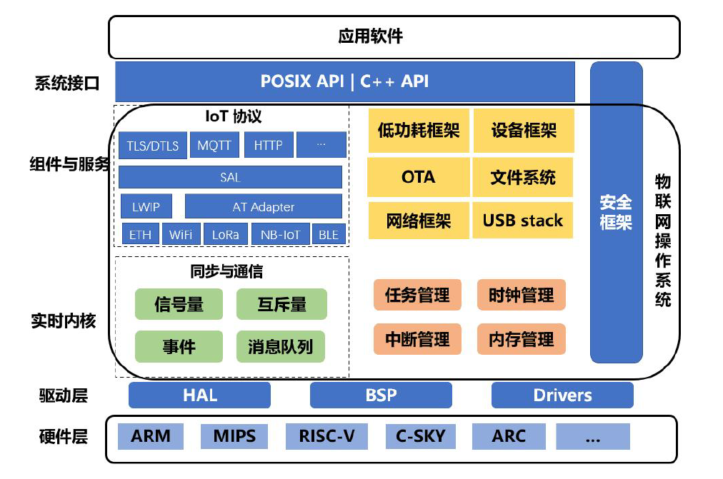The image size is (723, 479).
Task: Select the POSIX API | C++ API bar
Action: (x=345, y=81)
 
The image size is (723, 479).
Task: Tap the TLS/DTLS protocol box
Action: (x=153, y=146)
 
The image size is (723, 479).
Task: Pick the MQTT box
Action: (x=214, y=146)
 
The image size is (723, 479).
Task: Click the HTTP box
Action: (x=268, y=146)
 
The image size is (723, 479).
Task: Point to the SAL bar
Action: (x=230, y=177)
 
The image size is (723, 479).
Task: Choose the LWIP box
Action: (x=146, y=207)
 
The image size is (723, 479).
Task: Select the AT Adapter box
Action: (x=264, y=207)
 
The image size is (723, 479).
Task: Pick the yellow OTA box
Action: (x=418, y=177)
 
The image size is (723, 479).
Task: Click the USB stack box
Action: (x=522, y=221)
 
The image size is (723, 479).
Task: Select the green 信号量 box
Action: (x=179, y=304)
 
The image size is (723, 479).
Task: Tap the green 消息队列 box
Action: (x=280, y=348)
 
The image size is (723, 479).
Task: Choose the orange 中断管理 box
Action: (x=417, y=340)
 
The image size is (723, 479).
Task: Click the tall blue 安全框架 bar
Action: (x=616, y=212)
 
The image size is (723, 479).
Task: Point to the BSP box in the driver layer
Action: (x=381, y=395)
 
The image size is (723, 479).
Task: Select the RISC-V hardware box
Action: (x=326, y=435)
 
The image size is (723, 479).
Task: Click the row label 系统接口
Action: (x=66, y=83)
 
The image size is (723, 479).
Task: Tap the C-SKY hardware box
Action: (x=420, y=435)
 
